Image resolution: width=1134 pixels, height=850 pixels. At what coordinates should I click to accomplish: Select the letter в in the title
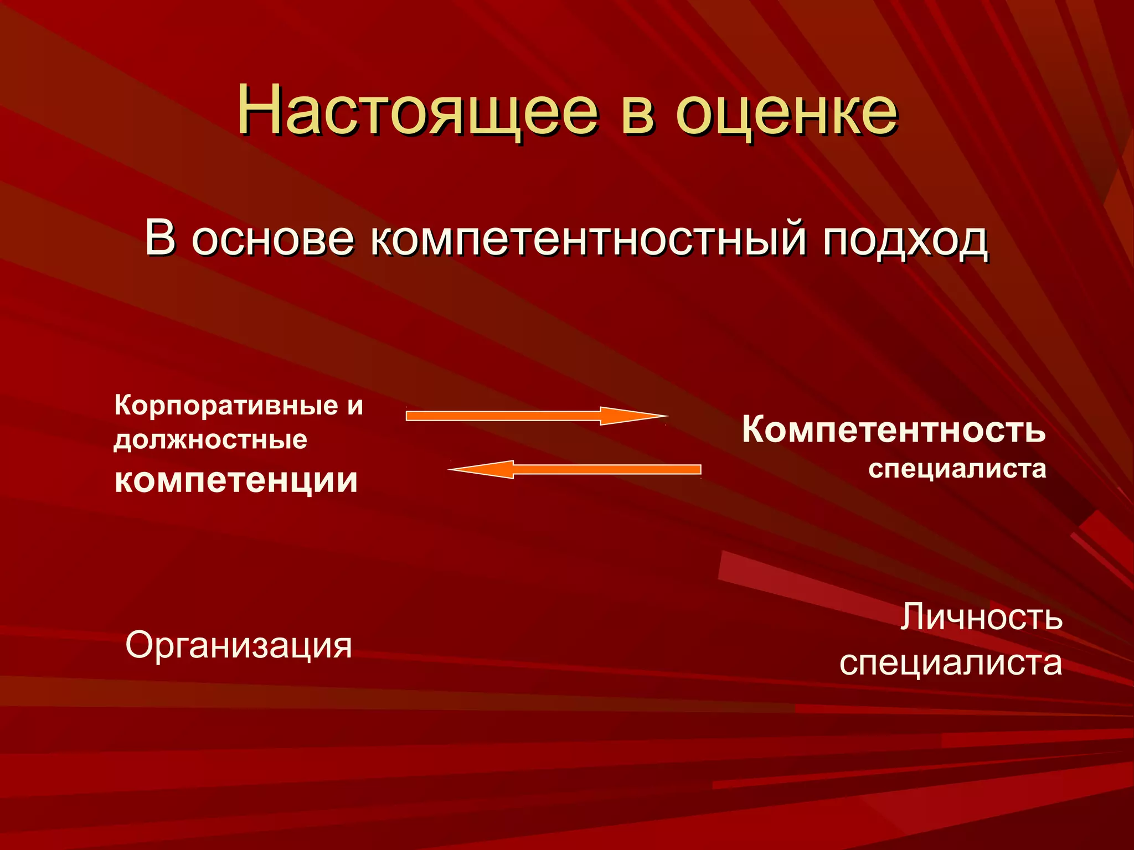(x=637, y=114)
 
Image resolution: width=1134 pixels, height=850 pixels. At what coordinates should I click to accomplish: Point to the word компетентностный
(x=587, y=239)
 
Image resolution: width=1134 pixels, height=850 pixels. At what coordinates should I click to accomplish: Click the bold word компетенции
(x=236, y=480)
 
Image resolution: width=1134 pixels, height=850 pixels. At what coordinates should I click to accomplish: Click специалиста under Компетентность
(x=957, y=469)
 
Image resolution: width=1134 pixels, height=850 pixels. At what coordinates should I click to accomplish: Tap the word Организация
(x=239, y=645)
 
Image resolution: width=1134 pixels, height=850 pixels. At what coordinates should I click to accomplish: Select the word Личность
(x=981, y=617)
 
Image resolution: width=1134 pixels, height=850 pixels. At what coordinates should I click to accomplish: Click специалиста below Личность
(x=950, y=663)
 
